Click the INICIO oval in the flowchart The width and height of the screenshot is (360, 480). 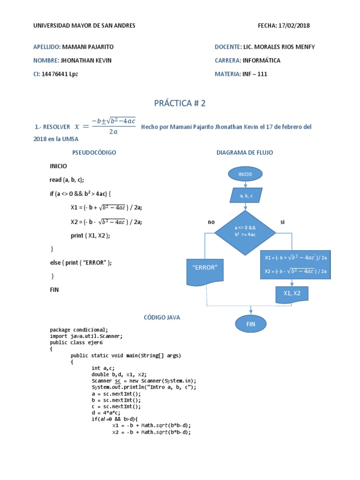click(x=245, y=174)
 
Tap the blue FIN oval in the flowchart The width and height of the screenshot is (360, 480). click(x=250, y=323)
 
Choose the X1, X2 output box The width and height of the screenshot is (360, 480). click(x=292, y=294)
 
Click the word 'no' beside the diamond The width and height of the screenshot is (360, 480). click(x=211, y=222)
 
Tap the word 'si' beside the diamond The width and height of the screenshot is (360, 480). click(x=282, y=222)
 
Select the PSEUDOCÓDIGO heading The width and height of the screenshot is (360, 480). click(x=94, y=153)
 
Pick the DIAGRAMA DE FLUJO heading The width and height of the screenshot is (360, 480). click(x=245, y=153)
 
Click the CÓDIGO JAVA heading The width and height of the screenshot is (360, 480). click(x=162, y=317)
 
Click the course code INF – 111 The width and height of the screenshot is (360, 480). click(x=255, y=74)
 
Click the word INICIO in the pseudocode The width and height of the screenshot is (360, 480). click(x=59, y=166)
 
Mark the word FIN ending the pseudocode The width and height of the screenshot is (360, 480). click(x=54, y=290)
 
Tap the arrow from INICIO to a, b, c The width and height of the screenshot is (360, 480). click(x=245, y=184)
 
